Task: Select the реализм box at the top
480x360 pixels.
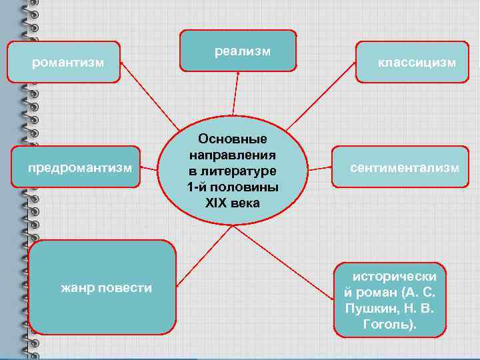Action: pos(238,51)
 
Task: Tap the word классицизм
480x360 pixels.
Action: pos(417,63)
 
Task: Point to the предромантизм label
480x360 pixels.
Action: pos(79,167)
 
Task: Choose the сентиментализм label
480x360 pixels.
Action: pos(405,167)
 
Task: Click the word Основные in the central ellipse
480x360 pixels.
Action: pos(233,139)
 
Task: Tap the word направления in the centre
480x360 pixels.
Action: pos(233,155)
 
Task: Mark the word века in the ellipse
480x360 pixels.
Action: pos(245,202)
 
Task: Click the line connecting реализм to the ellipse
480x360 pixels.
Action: pos(235,93)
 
